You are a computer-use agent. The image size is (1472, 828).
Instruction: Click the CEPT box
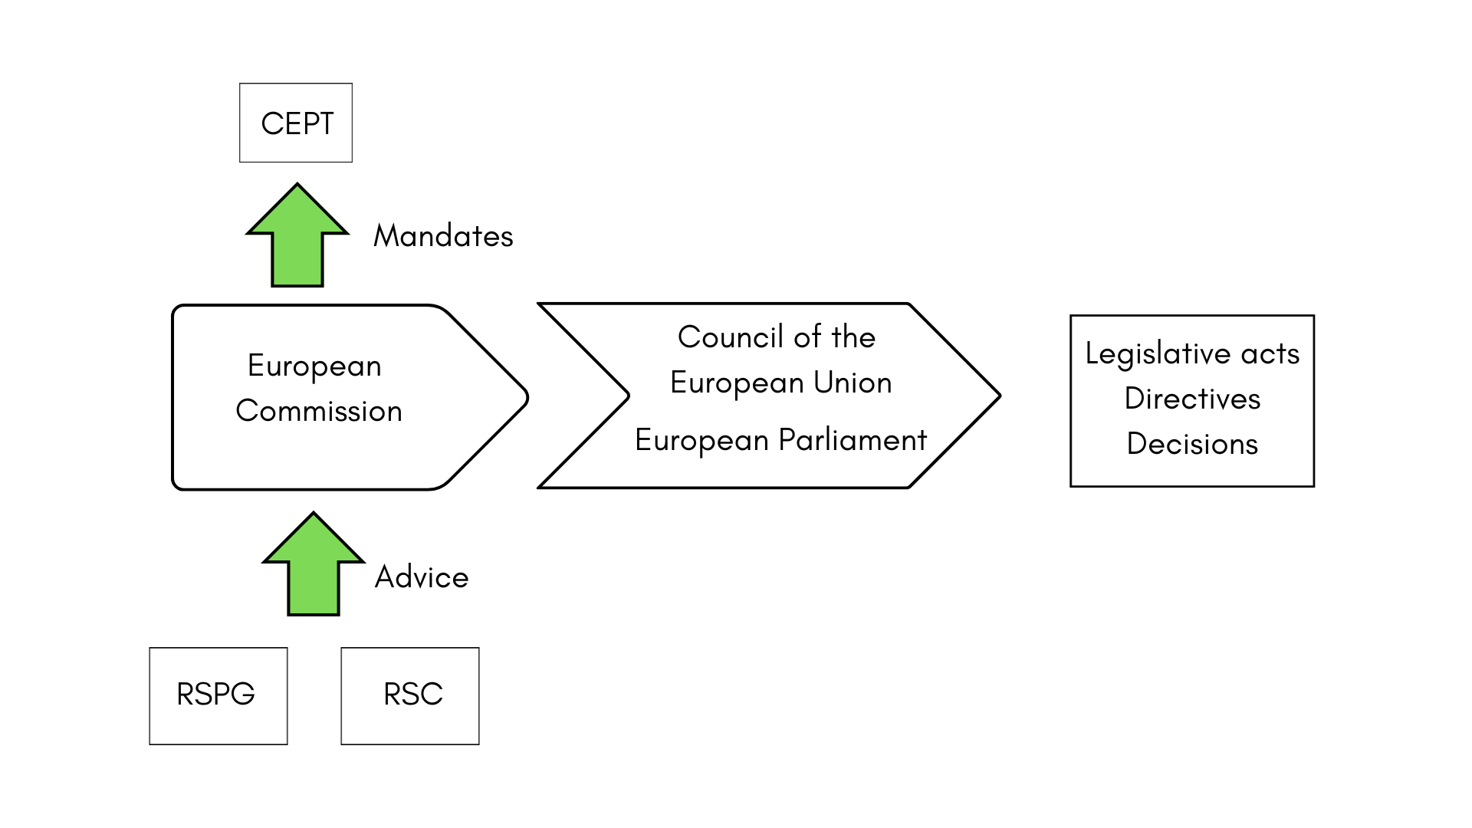[296, 123]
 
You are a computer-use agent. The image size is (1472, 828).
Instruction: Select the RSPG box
[218, 695]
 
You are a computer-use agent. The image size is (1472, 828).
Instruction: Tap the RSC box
[410, 695]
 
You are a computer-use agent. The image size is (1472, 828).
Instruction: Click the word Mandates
[443, 236]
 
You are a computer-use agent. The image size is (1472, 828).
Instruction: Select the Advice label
[422, 577]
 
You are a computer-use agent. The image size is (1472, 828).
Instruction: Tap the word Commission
[319, 411]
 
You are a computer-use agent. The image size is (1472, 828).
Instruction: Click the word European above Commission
[314, 366]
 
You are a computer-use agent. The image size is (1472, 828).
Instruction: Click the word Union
[853, 383]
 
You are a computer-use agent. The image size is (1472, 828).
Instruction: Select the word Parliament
[853, 440]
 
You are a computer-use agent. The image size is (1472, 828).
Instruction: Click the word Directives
[1192, 399]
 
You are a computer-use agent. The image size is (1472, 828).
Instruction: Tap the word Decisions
[1192, 444]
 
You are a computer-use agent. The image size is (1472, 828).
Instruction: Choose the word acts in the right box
[1270, 353]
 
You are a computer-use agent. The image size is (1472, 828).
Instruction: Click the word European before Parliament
[701, 440]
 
